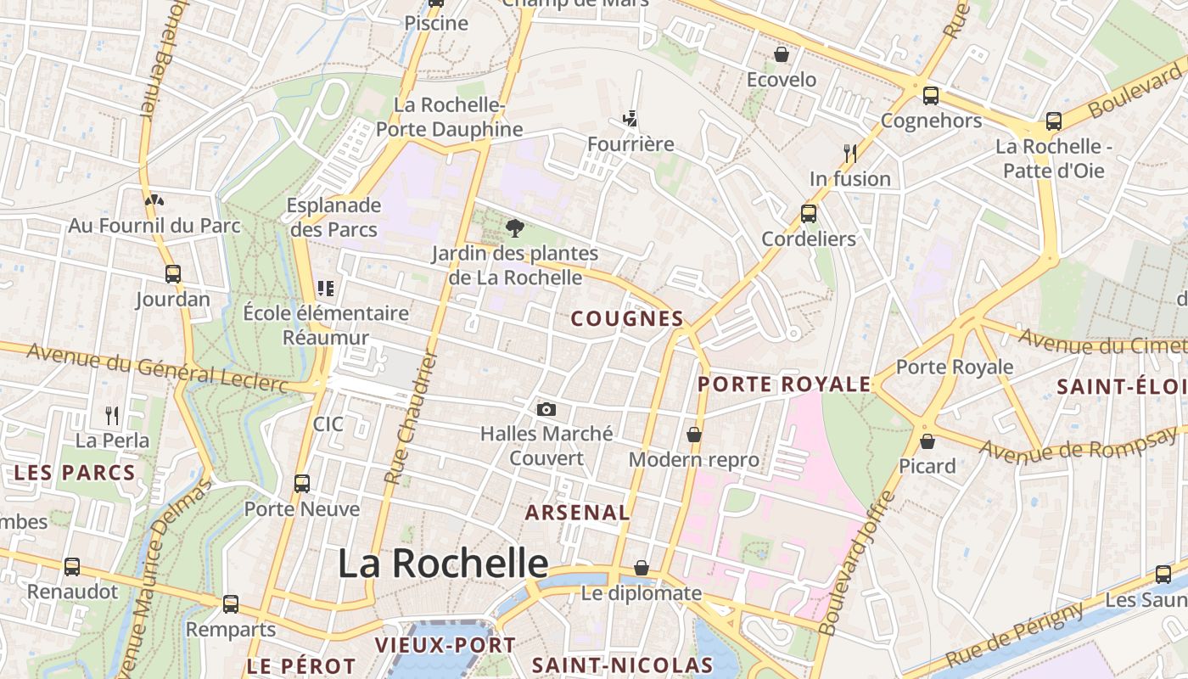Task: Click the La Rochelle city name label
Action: [443, 564]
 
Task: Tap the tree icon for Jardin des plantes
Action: [514, 227]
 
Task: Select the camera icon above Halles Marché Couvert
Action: [547, 409]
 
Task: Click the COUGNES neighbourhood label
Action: [627, 319]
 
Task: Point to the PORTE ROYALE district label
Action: [784, 384]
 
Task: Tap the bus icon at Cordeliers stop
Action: [809, 213]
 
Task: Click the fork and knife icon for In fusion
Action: [850, 153]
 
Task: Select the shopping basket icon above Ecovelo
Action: [782, 54]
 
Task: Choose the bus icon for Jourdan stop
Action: [173, 274]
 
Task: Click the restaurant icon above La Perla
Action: [112, 415]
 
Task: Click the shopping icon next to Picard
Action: [927, 441]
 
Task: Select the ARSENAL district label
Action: [577, 513]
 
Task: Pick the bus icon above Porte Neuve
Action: [302, 484]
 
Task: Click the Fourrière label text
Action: [630, 144]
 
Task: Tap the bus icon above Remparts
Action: [231, 604]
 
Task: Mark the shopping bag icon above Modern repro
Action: [694, 435]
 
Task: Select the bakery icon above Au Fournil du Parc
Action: [154, 201]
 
